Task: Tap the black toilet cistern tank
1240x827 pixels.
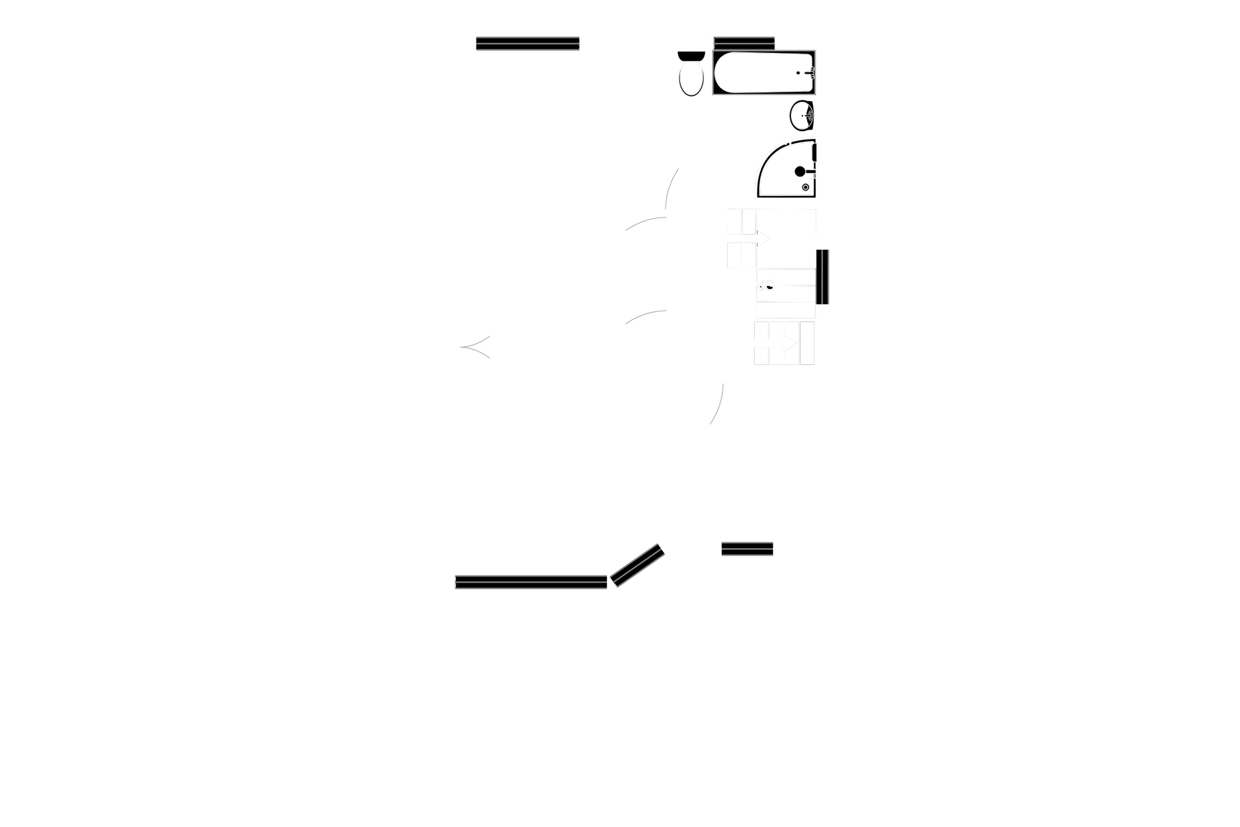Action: click(690, 55)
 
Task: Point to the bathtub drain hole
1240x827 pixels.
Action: click(799, 73)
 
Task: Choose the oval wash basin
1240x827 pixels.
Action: click(802, 115)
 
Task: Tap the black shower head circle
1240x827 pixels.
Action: click(800, 171)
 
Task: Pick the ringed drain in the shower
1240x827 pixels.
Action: click(806, 188)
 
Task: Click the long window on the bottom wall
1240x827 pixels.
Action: click(530, 581)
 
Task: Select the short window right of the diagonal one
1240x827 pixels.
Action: click(747, 549)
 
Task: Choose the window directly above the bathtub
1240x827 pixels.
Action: click(744, 42)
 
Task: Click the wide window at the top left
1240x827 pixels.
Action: click(527, 43)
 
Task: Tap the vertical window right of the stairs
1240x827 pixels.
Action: click(822, 276)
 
